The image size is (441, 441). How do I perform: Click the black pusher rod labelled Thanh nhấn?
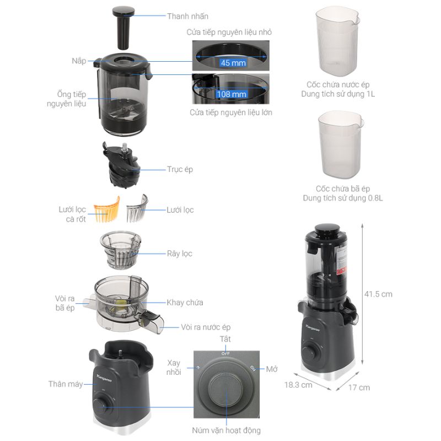pyautogui.click(x=123, y=28)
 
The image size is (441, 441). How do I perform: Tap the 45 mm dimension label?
pyautogui.click(x=233, y=63)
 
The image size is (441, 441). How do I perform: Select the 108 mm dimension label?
pyautogui.click(x=232, y=94)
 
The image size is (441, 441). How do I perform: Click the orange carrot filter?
pyautogui.click(x=106, y=209)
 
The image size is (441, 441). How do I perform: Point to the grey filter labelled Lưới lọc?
pyautogui.click(x=137, y=208)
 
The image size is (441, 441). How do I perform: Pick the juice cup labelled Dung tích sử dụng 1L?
pyautogui.click(x=337, y=41)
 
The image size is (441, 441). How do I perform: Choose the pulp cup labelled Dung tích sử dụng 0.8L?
pyautogui.click(x=341, y=144)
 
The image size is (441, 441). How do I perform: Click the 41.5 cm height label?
pyautogui.click(x=378, y=294)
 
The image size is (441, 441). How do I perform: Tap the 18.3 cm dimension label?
pyautogui.click(x=298, y=385)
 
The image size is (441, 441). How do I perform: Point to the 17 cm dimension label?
pyautogui.click(x=359, y=388)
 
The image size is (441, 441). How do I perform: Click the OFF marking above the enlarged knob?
pyautogui.click(x=225, y=353)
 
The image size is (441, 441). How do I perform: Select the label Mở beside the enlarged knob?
pyautogui.click(x=272, y=369)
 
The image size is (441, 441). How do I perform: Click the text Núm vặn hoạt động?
pyautogui.click(x=227, y=431)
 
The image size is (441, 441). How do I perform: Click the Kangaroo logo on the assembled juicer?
pyautogui.click(x=313, y=328)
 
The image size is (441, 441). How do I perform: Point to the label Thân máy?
pyautogui.click(x=66, y=384)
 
